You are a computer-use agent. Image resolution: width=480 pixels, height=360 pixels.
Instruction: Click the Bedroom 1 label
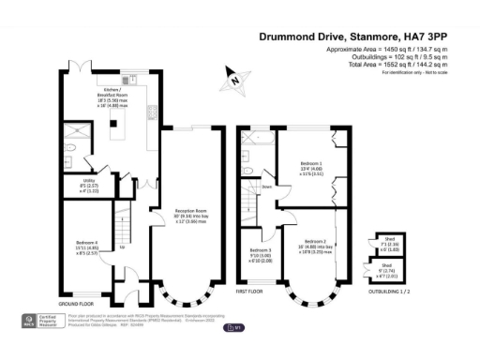310,164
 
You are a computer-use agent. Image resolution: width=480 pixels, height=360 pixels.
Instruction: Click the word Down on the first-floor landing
267,187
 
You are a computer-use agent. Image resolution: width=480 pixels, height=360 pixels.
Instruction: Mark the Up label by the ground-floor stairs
124,248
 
